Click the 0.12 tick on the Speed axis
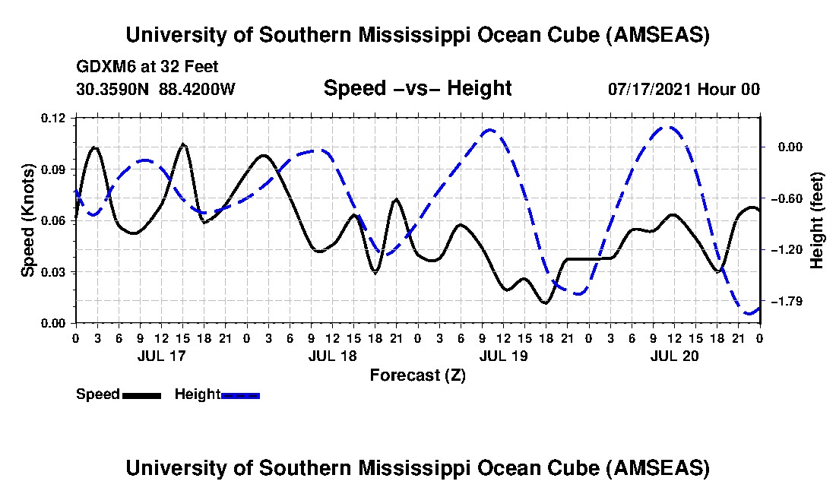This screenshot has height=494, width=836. click(55, 118)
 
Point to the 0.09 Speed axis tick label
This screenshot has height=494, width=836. click(55, 169)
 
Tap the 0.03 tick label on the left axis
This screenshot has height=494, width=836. click(55, 272)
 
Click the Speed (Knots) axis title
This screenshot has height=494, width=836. click(28, 220)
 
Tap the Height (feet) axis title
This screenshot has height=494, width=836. click(817, 220)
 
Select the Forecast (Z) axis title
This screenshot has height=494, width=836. click(417, 375)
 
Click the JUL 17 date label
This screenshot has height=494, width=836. click(160, 356)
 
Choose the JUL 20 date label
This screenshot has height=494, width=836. click(674, 356)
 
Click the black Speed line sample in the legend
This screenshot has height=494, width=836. click(141, 395)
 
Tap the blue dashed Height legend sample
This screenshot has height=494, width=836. click(241, 395)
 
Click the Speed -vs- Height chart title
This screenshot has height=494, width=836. click(417, 89)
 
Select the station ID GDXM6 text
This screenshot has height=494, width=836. click(103, 67)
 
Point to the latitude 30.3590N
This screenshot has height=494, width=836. click(113, 89)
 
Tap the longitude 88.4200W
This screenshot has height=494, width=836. click(197, 89)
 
